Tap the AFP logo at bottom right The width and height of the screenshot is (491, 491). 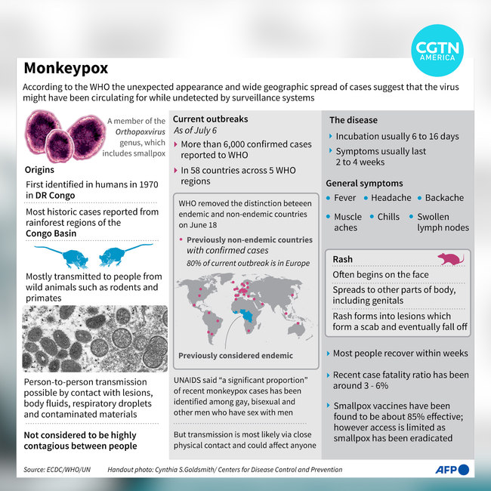[x=451, y=471]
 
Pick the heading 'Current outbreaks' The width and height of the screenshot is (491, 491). [x=210, y=119]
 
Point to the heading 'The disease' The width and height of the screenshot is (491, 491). [x=354, y=120]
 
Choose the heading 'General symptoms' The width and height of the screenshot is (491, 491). [x=363, y=184]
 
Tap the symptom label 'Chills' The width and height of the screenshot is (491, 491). [x=388, y=217]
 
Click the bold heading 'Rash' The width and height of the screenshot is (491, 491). [x=343, y=260]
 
